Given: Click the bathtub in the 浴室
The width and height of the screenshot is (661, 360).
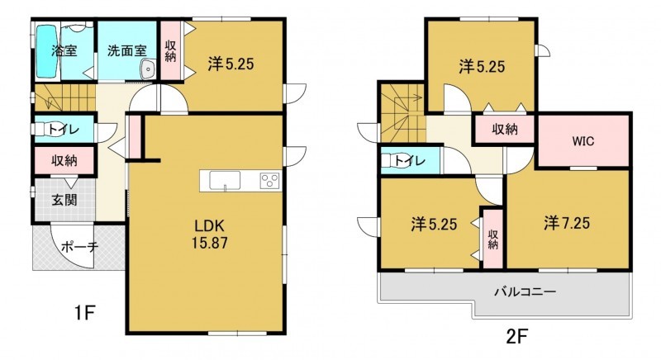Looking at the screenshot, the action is pos(46,52).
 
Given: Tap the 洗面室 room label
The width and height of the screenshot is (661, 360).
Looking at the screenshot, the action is pos(127,51).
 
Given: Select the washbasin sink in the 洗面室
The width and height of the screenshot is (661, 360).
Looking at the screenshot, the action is pos(148,69).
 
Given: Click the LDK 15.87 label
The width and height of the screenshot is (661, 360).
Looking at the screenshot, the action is pos(210,234).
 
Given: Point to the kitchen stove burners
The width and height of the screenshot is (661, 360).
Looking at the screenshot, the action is pos(270,181).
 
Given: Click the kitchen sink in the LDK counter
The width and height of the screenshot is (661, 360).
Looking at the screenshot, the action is pos(225,181).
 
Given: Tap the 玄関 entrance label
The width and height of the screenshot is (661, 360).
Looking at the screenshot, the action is pos(64,200).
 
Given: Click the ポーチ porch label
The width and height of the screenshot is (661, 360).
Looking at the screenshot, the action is pos(79,247).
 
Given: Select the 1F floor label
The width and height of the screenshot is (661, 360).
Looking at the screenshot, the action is pos(84,312).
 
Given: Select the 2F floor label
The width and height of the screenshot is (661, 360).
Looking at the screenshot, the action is pos(517,336).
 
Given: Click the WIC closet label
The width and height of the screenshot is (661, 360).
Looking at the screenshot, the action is pos(583,141).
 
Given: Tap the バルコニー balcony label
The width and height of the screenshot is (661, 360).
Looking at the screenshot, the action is pos(525,291).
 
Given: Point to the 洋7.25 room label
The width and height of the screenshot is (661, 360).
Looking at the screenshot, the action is pos(567,223).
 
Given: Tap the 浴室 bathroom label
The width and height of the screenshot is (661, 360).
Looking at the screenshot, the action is pos(64,50).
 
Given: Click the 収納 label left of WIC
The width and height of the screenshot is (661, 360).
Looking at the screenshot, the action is pos(505,130).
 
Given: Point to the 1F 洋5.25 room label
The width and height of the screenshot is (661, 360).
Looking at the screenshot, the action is pos(231,64).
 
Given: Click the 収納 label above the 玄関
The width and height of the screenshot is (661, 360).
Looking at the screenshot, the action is pos(64,160).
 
